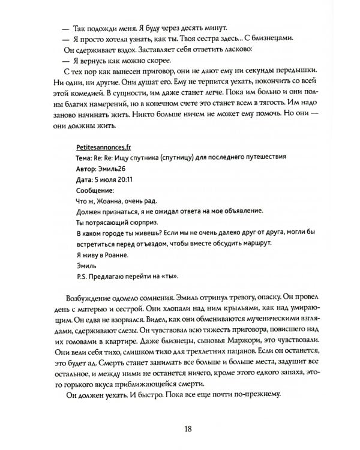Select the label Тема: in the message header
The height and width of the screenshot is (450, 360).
88,158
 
